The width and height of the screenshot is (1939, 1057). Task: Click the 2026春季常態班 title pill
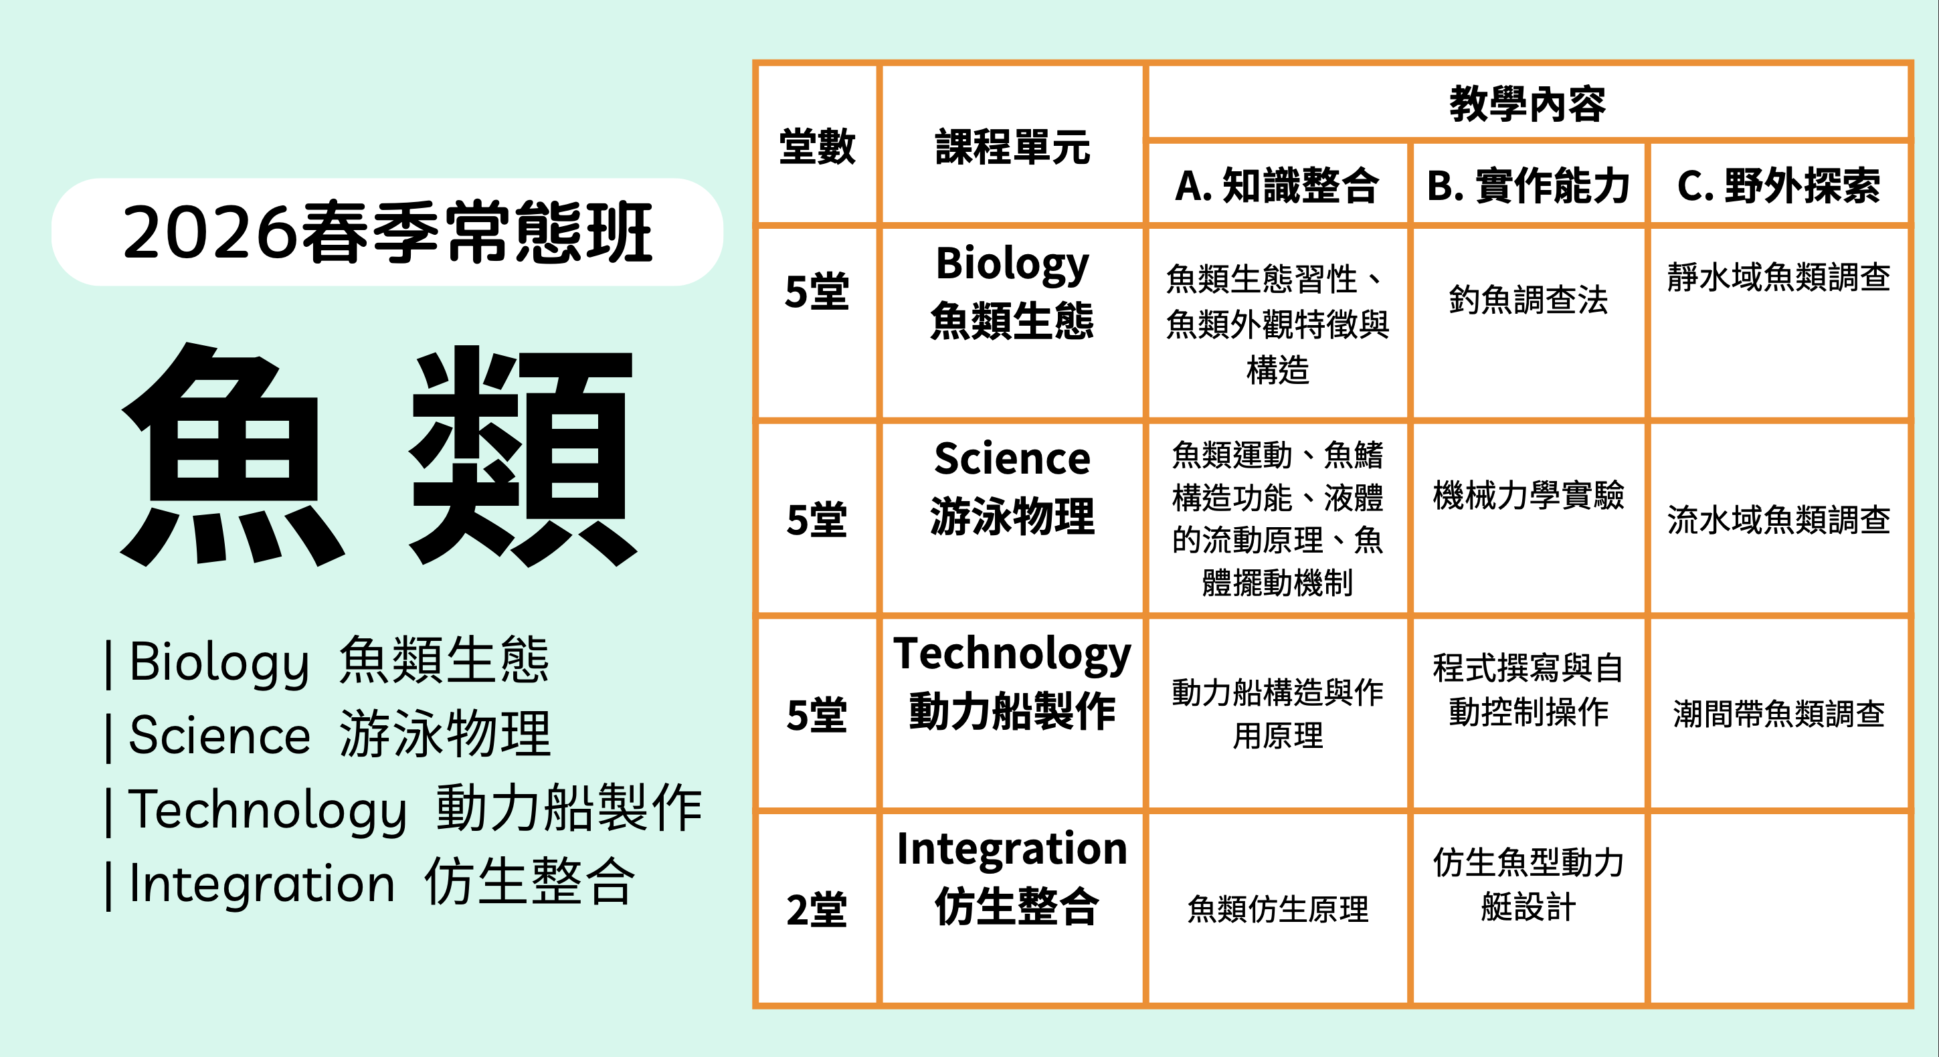point(387,232)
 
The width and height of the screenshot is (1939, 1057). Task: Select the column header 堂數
point(817,146)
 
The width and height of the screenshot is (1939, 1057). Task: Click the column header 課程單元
point(1012,146)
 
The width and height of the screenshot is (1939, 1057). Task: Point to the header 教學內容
point(1528,103)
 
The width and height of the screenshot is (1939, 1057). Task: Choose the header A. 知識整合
point(1277,185)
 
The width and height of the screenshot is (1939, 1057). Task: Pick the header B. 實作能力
point(1528,185)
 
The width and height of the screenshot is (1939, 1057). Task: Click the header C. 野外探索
point(1778,185)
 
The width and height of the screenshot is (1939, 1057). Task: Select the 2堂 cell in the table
point(817,909)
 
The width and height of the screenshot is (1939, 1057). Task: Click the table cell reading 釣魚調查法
point(1528,300)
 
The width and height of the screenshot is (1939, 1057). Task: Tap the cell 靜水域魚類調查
point(1778,277)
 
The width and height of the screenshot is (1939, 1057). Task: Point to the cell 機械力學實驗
point(1528,495)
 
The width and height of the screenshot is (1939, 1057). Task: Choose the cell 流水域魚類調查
point(1778,519)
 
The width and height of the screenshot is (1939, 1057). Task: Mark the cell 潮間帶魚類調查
point(1778,714)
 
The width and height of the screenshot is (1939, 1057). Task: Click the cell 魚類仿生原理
point(1277,908)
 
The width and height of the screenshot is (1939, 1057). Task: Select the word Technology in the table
point(1012,654)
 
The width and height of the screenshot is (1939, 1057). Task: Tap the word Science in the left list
point(219,735)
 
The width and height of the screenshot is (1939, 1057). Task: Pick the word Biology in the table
point(1012,264)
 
